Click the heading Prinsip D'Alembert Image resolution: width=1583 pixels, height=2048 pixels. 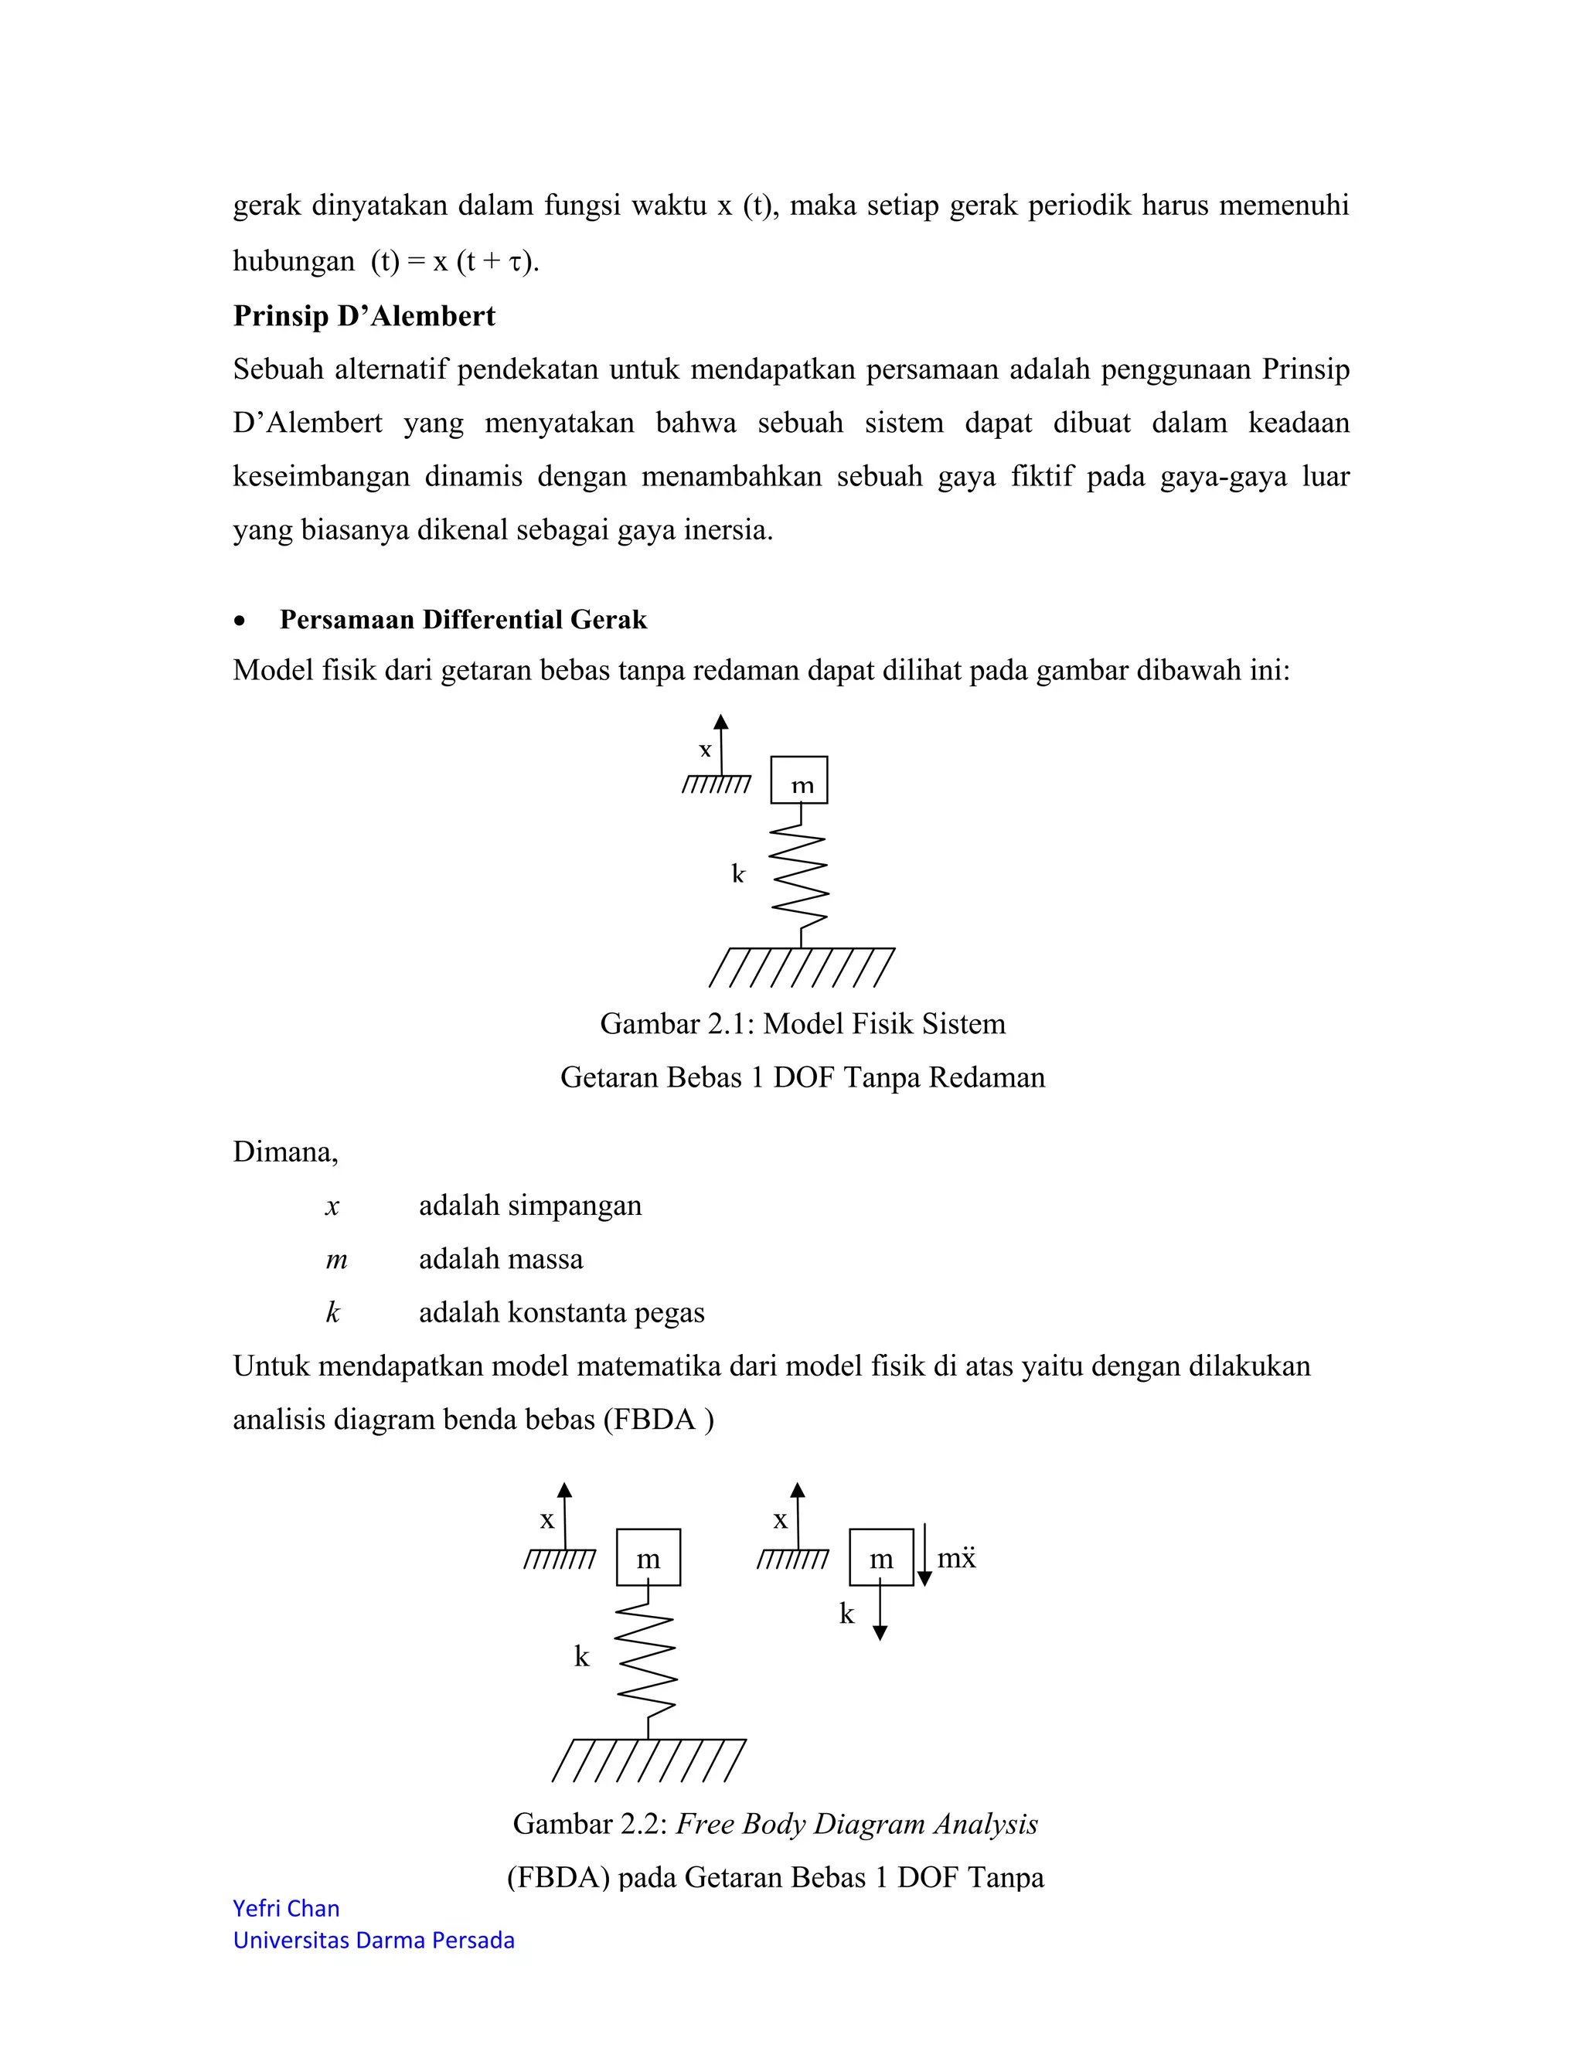point(364,316)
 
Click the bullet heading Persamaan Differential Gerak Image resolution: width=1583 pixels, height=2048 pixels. point(463,620)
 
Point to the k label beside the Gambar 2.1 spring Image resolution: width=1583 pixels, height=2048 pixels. point(738,874)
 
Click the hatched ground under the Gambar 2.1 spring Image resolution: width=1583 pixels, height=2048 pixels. point(802,967)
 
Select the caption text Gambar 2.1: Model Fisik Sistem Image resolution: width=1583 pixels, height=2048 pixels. point(803,1023)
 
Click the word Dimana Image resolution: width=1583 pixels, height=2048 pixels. point(284,1152)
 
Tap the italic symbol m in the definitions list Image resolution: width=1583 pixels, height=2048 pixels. point(335,1260)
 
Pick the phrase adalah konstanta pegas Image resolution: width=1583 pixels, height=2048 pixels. point(561,1313)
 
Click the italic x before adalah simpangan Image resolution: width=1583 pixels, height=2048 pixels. point(332,1206)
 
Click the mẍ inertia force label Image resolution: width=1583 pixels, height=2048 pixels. point(957,1559)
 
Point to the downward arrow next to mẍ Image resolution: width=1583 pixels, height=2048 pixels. point(924,1555)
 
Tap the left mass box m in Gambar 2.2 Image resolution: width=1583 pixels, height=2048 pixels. point(648,1557)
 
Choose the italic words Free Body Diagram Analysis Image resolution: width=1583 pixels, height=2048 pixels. point(856,1824)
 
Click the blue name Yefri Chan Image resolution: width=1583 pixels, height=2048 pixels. point(286,1908)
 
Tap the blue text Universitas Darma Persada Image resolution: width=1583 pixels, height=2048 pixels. point(373,1940)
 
